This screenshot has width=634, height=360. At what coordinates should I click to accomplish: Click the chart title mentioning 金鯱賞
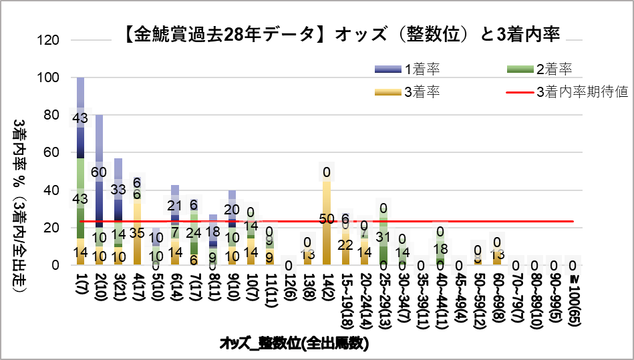[x=341, y=33]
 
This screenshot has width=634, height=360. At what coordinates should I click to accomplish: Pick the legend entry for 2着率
[x=554, y=68]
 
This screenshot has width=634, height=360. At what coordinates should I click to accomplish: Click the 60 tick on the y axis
[x=55, y=152]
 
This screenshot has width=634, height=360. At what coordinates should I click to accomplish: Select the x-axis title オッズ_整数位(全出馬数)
[x=294, y=343]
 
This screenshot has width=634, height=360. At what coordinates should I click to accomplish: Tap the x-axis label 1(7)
[x=81, y=283]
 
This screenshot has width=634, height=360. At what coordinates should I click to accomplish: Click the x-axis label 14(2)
[x=327, y=286]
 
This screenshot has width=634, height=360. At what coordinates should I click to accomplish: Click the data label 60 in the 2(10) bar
[x=99, y=172]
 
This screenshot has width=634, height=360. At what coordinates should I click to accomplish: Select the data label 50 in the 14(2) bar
[x=327, y=218]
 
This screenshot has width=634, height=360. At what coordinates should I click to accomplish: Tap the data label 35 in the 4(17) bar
[x=136, y=233]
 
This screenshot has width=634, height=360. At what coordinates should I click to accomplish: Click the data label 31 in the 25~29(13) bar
[x=383, y=236]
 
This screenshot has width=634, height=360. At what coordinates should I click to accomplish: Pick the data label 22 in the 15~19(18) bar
[x=345, y=244]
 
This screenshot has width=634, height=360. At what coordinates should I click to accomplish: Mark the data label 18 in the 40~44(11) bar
[x=440, y=248]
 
